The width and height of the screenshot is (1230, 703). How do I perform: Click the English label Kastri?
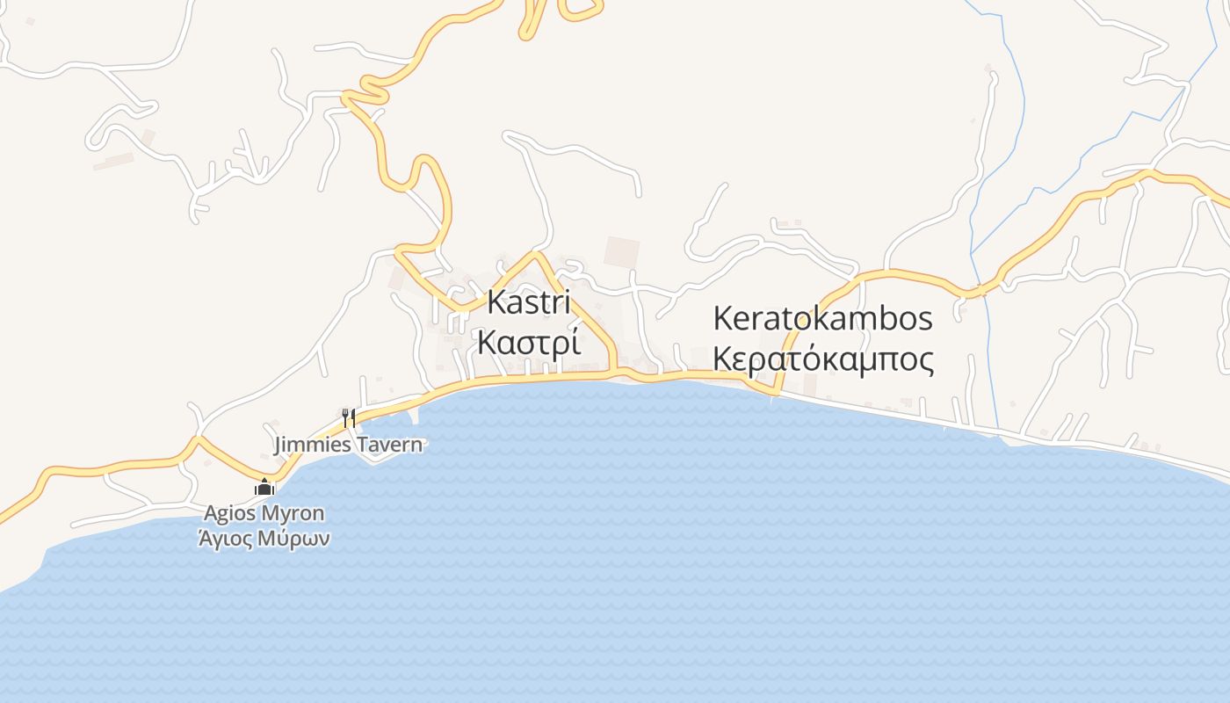pos(529,302)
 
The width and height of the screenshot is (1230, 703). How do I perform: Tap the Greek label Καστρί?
pos(529,342)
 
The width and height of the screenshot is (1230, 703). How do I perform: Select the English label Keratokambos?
pos(822,318)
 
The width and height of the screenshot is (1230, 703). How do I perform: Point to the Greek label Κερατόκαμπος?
pos(823,359)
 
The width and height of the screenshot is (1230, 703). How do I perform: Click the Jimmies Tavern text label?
pos(348,445)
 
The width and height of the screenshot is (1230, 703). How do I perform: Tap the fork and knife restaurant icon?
pos(349,417)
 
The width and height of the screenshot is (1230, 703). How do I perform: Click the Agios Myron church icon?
pos(264,487)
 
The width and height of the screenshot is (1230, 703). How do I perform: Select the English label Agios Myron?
pos(264,513)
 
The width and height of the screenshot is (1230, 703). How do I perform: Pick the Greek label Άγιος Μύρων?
pos(264,538)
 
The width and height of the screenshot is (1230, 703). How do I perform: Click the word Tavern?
pos(388,445)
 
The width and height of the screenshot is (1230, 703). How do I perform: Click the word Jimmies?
pos(314,445)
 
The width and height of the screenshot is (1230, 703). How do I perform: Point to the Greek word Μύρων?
pos(294,539)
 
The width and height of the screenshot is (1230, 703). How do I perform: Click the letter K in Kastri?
pos(496,302)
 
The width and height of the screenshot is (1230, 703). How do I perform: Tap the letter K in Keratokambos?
pos(723,318)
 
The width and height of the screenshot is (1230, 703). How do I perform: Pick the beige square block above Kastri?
pos(622,252)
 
